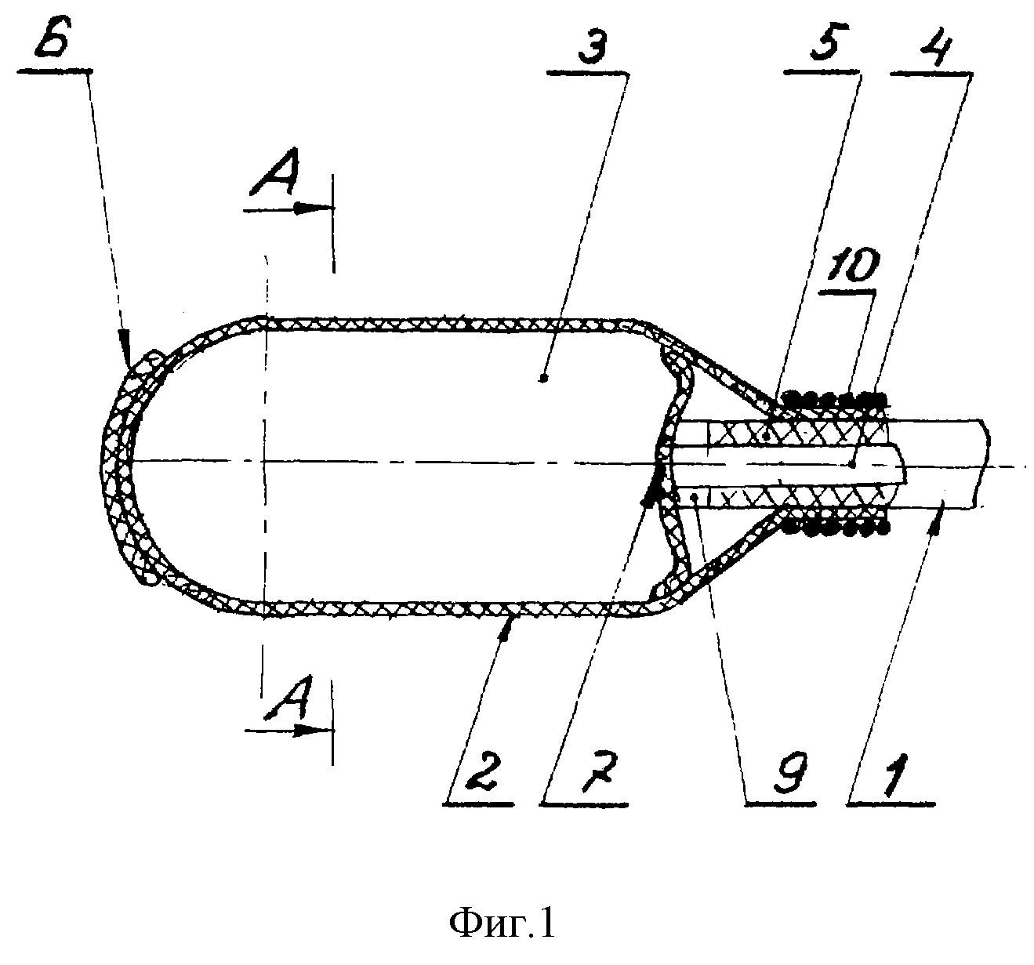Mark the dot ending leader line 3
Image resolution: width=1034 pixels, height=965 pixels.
click(x=543, y=379)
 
